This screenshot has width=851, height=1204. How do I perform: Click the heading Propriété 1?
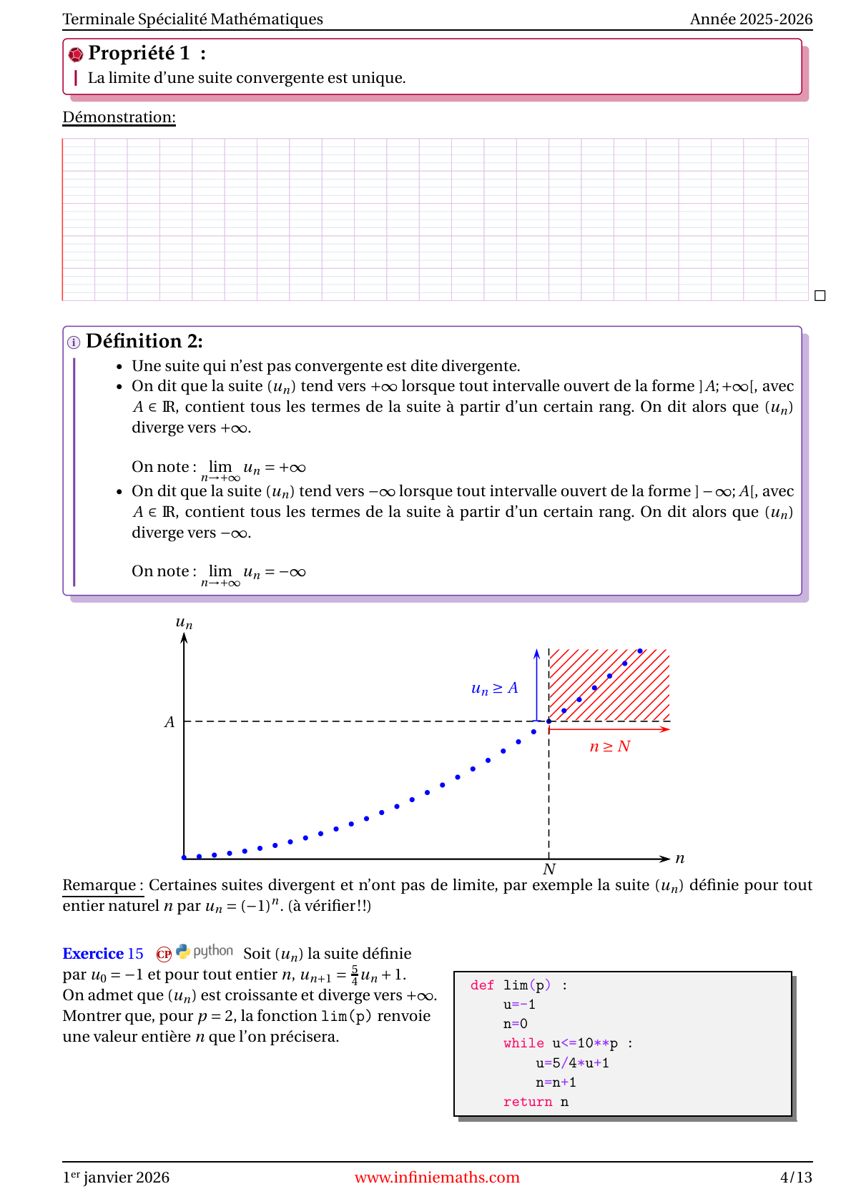click(x=139, y=54)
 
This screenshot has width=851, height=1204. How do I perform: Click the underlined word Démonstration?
click(x=119, y=117)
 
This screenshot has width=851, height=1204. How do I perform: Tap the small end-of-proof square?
click(x=820, y=295)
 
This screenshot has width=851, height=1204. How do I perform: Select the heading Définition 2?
click(x=144, y=341)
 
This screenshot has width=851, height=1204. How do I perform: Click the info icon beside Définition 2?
click(x=74, y=342)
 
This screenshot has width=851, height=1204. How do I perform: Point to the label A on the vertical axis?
click(x=169, y=722)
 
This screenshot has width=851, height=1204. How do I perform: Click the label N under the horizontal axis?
click(x=549, y=869)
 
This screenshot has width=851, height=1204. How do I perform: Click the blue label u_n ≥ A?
click(x=494, y=689)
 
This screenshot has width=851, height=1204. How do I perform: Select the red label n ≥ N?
click(x=609, y=746)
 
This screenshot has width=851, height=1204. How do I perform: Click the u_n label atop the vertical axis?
click(x=184, y=623)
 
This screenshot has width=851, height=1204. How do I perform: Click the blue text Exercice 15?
click(x=103, y=954)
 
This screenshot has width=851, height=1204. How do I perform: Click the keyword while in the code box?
click(x=523, y=1043)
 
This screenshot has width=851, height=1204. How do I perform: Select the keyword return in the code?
click(x=528, y=1102)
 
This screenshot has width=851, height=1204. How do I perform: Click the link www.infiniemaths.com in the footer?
click(x=437, y=1178)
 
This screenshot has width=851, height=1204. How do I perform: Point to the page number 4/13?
click(x=796, y=1178)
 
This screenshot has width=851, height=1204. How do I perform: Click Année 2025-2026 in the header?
click(x=751, y=19)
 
